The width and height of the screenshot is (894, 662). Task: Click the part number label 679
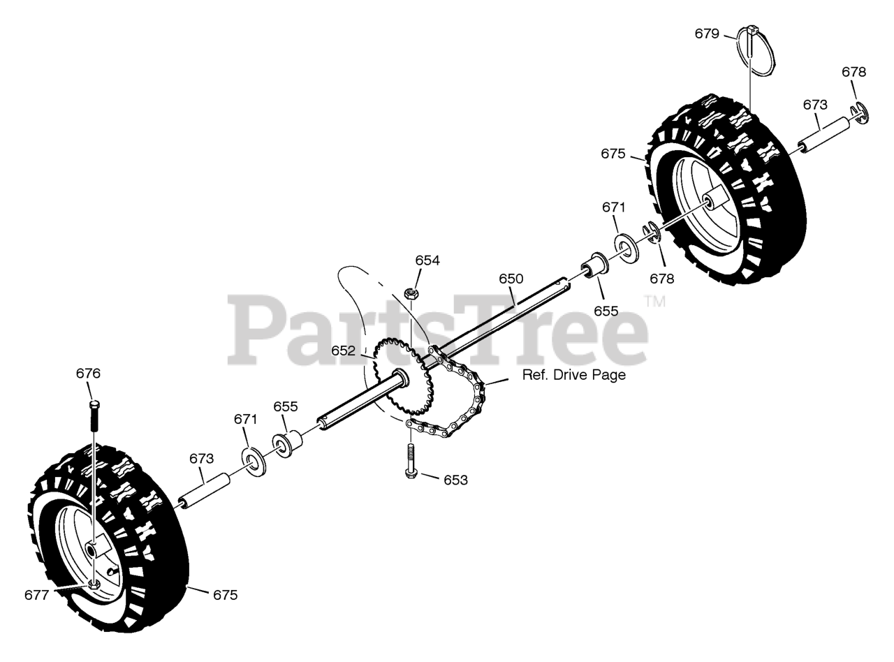707,33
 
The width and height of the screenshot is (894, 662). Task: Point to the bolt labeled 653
411,462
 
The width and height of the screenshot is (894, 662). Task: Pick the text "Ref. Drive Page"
573,375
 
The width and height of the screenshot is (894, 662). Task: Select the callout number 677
37,595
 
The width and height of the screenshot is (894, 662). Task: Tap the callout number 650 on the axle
511,279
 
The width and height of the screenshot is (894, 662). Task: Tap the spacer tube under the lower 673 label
206,491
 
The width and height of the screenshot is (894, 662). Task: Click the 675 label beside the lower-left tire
225,595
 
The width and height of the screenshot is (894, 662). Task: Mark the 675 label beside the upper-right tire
613,154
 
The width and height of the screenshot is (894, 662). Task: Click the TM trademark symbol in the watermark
654,301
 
